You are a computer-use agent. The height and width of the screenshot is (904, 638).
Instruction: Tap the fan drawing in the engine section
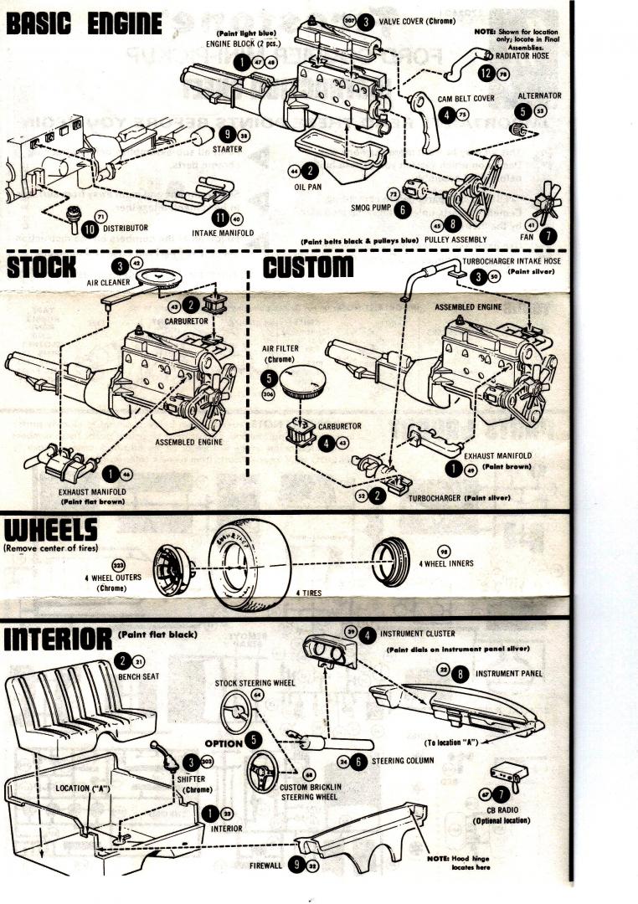[x=544, y=200]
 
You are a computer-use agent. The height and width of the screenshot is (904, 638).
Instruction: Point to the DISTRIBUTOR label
[x=126, y=227]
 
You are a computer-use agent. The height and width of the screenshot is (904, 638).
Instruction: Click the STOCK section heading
[x=42, y=268]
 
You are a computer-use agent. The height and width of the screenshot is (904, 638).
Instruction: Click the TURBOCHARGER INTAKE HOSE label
[x=512, y=261]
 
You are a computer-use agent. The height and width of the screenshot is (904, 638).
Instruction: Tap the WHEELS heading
[x=50, y=530]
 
